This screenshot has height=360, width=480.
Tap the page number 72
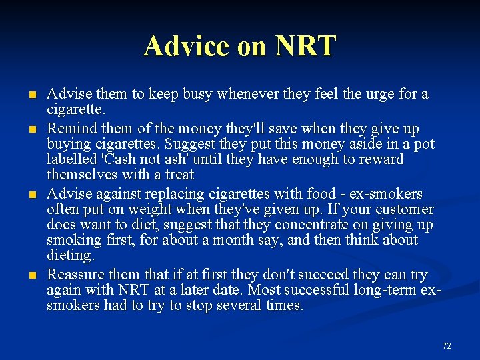[446, 345]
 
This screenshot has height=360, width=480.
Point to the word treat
[179, 175]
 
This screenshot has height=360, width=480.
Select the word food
[321, 194]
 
